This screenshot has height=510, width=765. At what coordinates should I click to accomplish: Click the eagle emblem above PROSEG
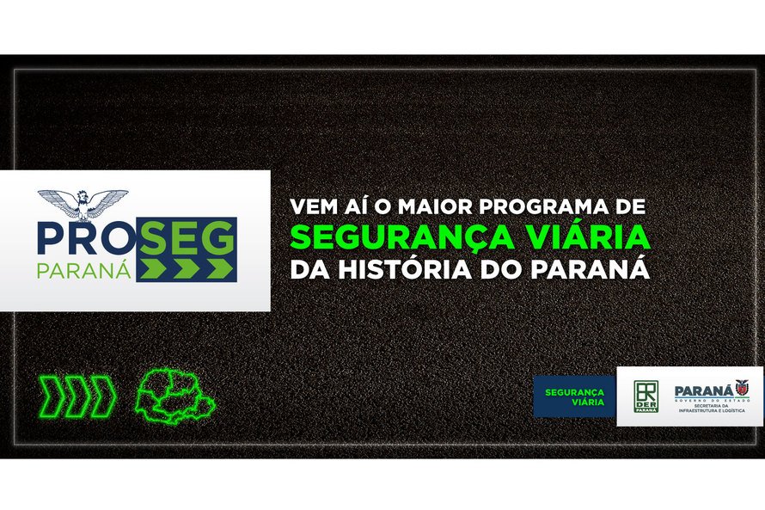click(83, 204)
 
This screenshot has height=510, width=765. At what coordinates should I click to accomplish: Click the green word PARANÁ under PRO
click(83, 269)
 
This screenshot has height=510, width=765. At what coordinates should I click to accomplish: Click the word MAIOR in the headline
click(416, 208)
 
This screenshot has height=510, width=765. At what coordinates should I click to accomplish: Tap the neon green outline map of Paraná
click(174, 396)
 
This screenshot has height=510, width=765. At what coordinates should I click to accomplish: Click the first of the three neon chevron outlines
click(52, 396)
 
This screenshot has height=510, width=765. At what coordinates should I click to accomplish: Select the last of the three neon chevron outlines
click(103, 396)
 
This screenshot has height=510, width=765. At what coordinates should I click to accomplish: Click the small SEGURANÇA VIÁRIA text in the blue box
click(574, 396)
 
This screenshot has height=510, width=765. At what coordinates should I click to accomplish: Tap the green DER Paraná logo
click(646, 396)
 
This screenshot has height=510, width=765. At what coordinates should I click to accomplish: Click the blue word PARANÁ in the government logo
click(702, 390)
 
